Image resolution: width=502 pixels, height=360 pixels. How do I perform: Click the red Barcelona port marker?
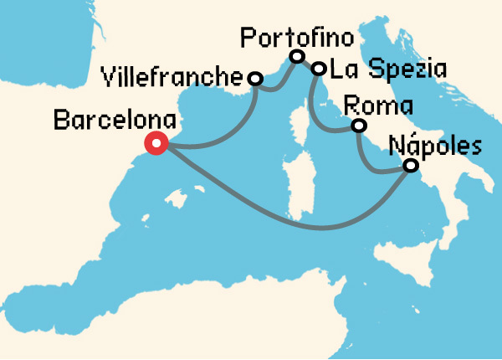click(156, 143)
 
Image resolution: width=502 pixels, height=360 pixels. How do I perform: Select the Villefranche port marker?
click(255, 79)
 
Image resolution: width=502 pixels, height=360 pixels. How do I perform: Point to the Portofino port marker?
click(295, 57)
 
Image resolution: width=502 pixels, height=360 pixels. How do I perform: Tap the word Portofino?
click(297, 38)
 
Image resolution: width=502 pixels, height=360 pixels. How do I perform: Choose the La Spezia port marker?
click(319, 69)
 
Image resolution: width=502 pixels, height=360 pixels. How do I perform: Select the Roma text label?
click(379, 107)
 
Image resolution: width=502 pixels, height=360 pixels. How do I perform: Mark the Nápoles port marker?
click(411, 166)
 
